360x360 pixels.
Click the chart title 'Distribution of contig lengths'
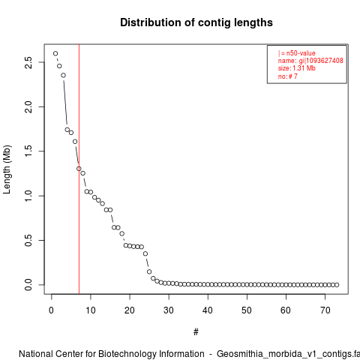click(x=196, y=22)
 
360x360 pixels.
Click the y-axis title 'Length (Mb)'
click(x=7, y=169)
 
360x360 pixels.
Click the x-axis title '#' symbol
click(x=196, y=331)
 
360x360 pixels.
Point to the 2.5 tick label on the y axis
click(x=28, y=62)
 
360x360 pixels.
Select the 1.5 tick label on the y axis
click(x=28, y=151)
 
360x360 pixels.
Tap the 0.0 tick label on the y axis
click(x=28, y=285)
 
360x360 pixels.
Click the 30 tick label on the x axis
click(x=169, y=310)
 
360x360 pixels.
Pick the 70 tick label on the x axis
click(x=325, y=310)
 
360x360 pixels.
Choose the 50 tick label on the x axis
click(x=247, y=310)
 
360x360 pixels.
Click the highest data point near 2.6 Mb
click(x=55, y=53)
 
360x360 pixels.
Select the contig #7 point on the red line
click(x=79, y=169)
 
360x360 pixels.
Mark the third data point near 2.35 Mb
click(x=63, y=75)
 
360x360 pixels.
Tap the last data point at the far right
click(x=337, y=285)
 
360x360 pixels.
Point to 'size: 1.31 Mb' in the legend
click(x=297, y=68)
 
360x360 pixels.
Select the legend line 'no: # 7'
click(x=288, y=76)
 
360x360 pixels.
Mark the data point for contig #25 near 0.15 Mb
click(x=149, y=271)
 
